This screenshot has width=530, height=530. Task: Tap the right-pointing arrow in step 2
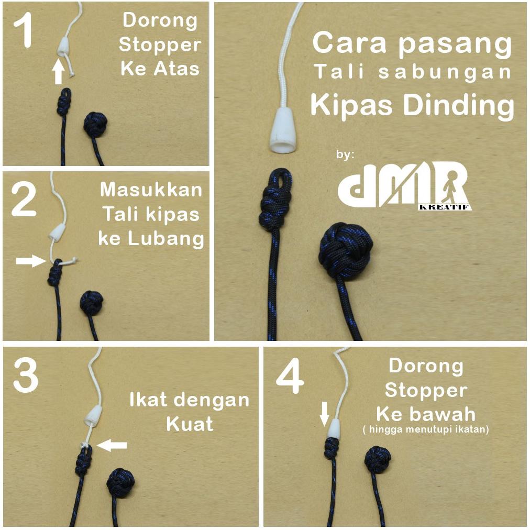tap(31, 260)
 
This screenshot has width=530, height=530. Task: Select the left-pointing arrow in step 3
tap(113, 445)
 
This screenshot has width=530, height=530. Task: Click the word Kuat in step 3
tap(190, 423)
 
